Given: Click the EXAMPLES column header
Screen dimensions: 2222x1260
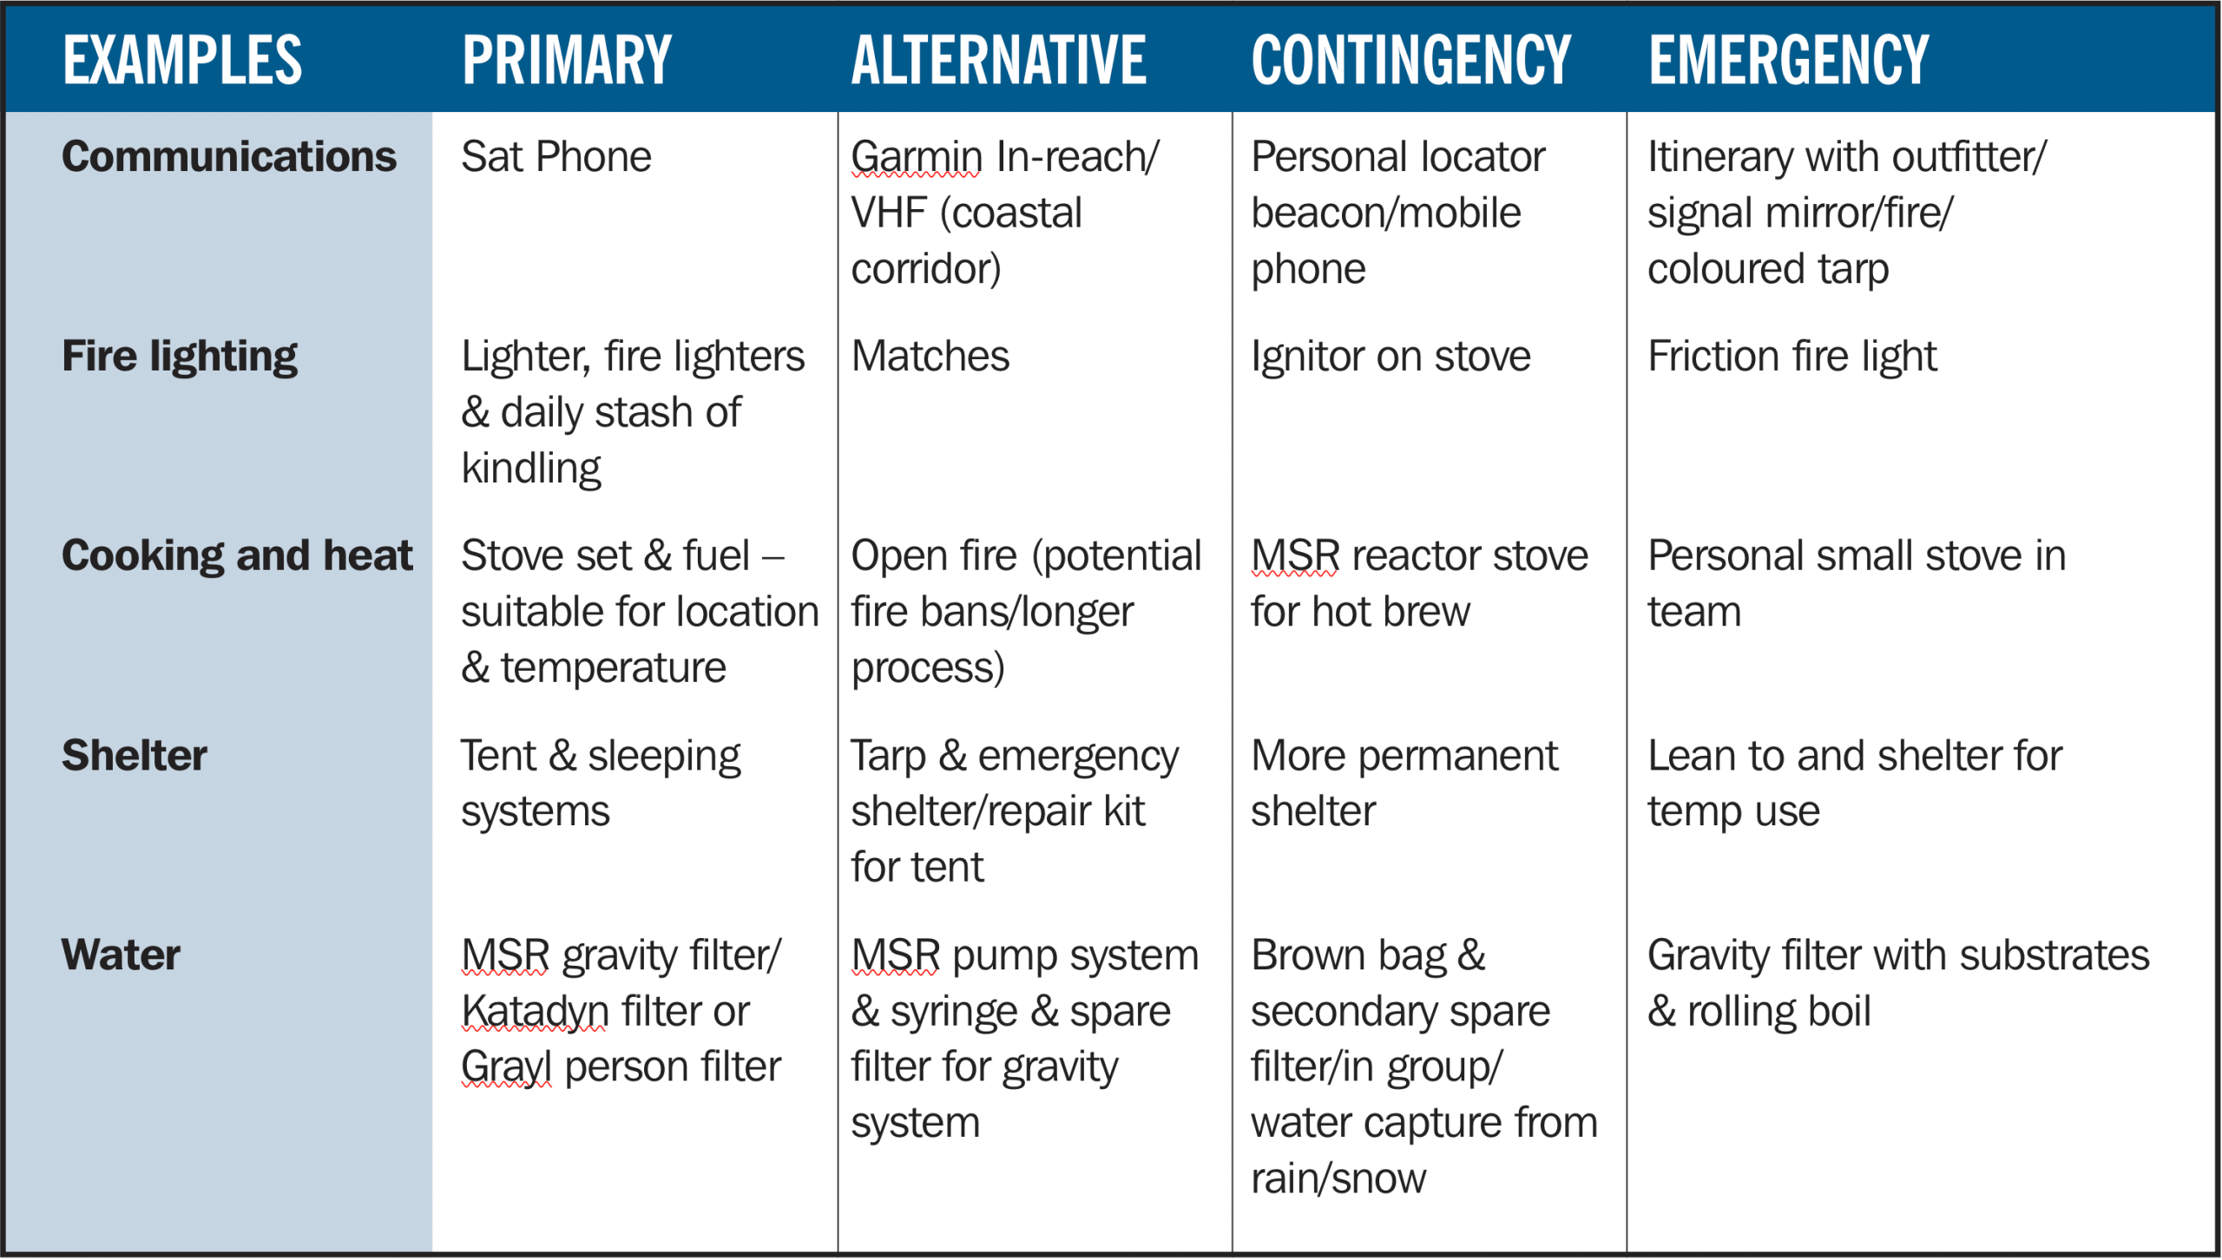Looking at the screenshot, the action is tap(182, 60).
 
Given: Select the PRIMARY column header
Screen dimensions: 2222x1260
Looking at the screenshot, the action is tap(567, 60).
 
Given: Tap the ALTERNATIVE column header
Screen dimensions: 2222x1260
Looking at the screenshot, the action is tap(998, 60).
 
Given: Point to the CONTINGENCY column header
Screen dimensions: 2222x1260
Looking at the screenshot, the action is tap(1410, 60).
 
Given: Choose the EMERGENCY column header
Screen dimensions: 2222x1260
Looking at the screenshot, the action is tap(1788, 60).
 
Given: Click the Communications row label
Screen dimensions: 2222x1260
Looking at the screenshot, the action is tap(229, 157).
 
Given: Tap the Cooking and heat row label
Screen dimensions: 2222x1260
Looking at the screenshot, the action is tap(237, 556).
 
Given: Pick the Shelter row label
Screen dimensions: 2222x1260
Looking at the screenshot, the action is tap(135, 755).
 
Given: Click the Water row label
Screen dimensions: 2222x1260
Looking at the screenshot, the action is tap(121, 955).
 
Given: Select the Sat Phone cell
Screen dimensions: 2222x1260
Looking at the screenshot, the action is tap(556, 157).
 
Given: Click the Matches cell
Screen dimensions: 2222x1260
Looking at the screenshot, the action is tap(930, 357).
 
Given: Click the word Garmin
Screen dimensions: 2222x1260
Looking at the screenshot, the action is tap(917, 157).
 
